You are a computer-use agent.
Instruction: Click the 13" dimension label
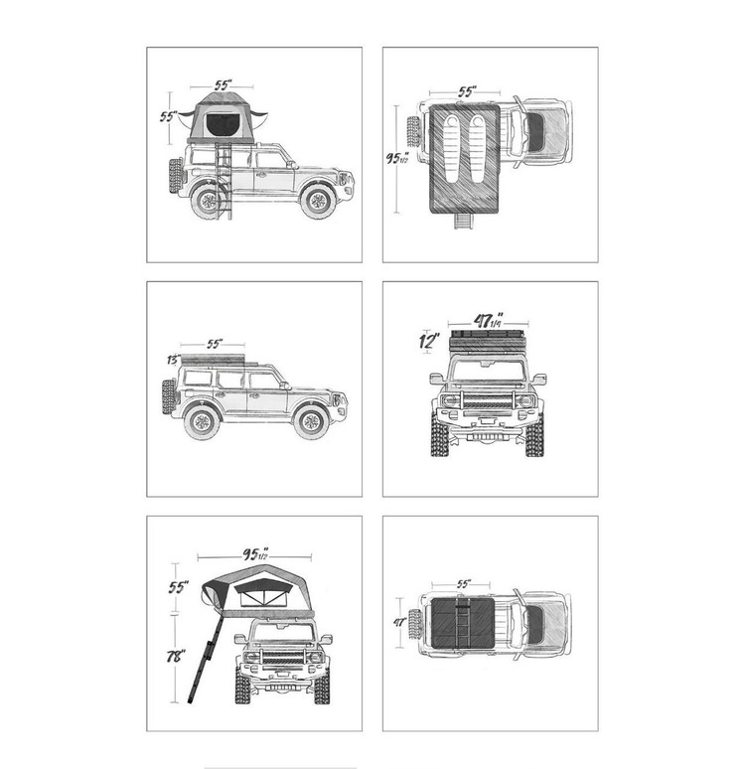[174, 360]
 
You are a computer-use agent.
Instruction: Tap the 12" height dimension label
[429, 341]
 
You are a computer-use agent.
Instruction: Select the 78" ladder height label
[176, 656]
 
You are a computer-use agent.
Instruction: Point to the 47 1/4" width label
[489, 320]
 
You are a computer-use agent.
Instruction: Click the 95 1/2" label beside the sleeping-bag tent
[397, 158]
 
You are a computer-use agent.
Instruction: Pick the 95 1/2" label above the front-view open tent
[255, 553]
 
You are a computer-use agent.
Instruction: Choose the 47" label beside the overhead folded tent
[399, 622]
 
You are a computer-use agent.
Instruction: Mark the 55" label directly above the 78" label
[178, 586]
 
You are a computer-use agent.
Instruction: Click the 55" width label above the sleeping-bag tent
[467, 91]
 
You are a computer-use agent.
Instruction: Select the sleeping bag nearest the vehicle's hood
[477, 150]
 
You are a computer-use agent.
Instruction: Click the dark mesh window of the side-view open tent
[221, 124]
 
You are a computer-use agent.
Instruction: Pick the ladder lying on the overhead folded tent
[462, 622]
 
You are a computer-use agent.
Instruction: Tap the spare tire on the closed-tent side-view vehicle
[169, 397]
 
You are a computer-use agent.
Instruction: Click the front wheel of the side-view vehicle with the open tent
[318, 200]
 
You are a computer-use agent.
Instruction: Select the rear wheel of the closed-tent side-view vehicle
[202, 421]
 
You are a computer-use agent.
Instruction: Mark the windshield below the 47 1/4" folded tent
[488, 371]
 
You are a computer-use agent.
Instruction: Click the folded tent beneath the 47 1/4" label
[489, 341]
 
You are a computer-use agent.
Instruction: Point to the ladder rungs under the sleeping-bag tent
[464, 222]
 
